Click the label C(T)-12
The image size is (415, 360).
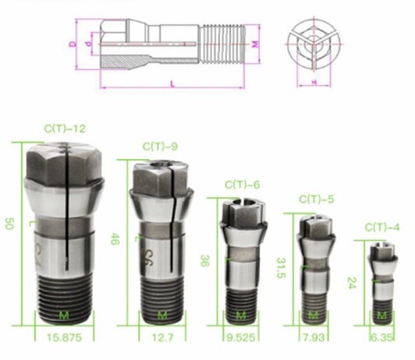(65, 129)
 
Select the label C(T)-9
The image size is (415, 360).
(161, 146)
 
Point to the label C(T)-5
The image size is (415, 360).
(315, 200)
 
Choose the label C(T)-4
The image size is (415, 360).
(382, 227)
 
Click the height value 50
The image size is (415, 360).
(9, 224)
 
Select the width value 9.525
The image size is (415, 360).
(240, 338)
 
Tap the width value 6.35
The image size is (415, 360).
(381, 338)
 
